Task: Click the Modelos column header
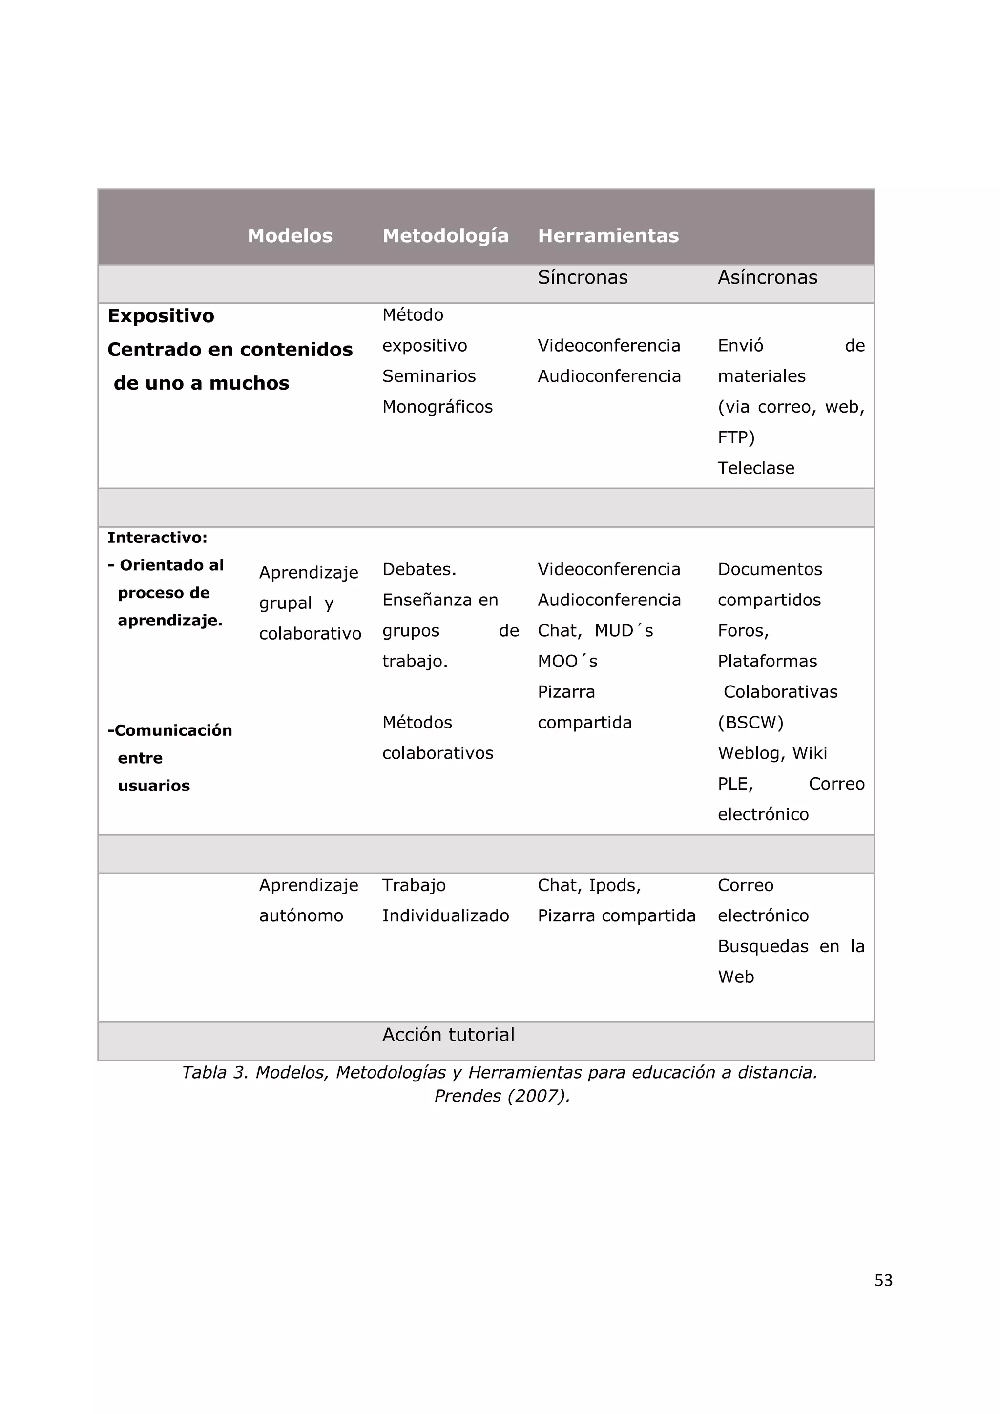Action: point(290,236)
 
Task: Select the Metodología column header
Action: point(445,236)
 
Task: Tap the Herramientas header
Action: point(608,236)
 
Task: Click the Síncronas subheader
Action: point(583,278)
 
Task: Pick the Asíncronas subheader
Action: point(767,278)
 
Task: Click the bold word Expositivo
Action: point(161,316)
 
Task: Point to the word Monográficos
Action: point(437,407)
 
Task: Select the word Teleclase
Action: point(755,468)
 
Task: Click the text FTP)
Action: point(736,437)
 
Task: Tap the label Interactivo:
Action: point(157,538)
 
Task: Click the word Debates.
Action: point(419,570)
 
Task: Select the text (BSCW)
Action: point(750,723)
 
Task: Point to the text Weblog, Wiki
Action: point(772,753)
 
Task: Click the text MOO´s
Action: point(567,662)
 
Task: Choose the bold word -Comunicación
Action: point(169,730)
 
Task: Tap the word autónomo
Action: point(300,916)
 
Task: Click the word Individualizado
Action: point(445,916)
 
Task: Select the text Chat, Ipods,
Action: point(589,886)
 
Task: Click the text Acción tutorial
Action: point(448,1035)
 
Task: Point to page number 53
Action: point(883,1280)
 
